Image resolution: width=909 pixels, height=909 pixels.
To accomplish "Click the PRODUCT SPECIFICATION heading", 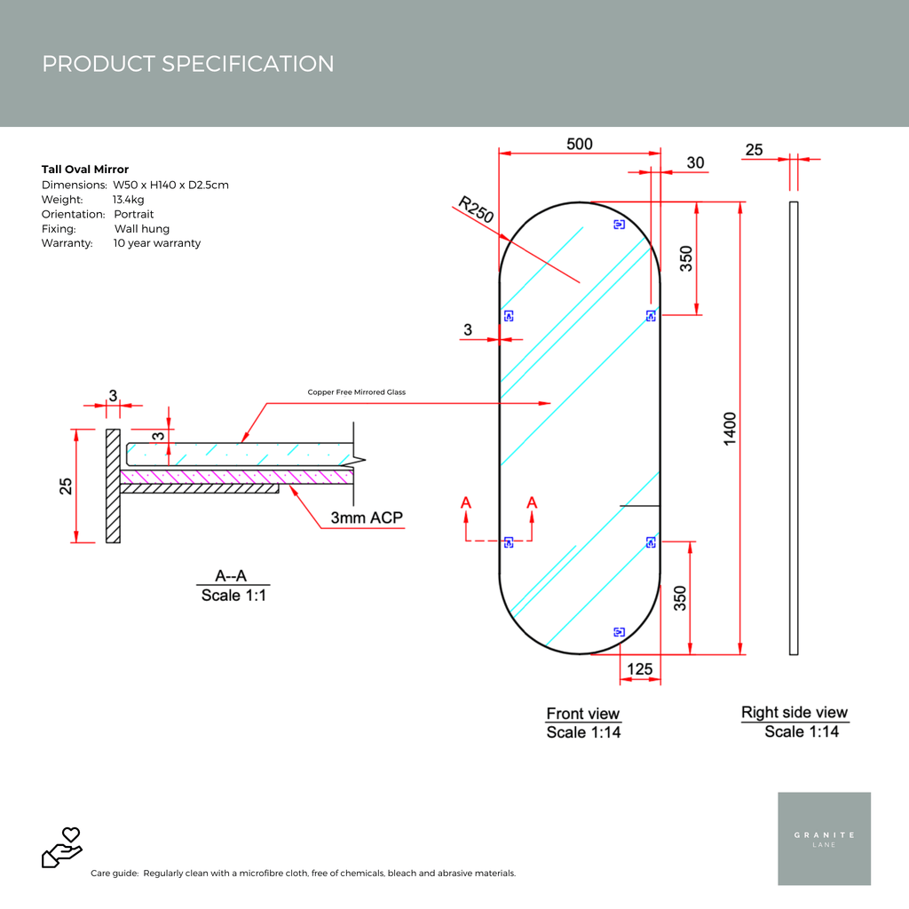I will coord(188,64).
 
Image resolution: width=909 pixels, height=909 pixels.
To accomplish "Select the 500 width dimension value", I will coord(579,144).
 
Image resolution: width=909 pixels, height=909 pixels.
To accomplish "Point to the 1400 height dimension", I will coord(730,429).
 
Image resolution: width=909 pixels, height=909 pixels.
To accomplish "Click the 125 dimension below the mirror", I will coord(639,668).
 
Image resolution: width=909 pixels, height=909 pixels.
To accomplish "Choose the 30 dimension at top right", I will coord(696,162).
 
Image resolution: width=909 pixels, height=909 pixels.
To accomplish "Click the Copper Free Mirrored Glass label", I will coord(356,391).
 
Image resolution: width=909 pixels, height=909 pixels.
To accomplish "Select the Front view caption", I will coord(582,714).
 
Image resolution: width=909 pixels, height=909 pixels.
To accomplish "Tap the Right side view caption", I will coord(794,712).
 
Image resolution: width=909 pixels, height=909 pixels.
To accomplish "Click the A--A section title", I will coord(231,575).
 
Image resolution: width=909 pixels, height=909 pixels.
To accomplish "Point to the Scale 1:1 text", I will coord(233,596).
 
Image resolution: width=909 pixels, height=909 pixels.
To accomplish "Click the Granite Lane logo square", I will coord(824,838).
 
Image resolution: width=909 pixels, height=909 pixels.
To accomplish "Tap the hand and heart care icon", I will coord(62,847).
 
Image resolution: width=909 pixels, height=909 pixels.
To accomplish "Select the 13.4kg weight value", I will coord(129,200).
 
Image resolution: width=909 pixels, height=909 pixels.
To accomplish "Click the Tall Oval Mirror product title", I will coord(85,170).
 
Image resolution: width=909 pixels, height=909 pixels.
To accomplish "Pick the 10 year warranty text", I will coord(157,243).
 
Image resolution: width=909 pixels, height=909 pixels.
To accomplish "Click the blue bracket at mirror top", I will coord(619,225).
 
